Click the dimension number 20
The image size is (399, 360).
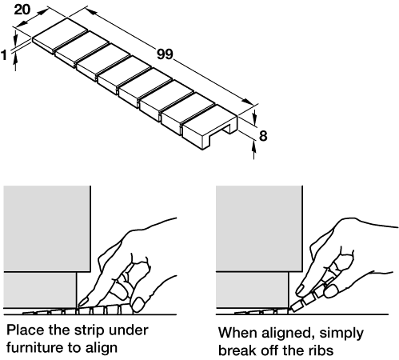coord(22,10)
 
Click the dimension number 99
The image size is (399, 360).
coord(165,54)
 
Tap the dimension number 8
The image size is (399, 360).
coord(263,136)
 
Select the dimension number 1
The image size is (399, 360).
coord(4,55)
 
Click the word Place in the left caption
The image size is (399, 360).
coord(26,330)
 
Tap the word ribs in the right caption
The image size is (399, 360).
coord(321,350)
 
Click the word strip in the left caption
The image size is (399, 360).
coord(89,330)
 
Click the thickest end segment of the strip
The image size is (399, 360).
coord(210,126)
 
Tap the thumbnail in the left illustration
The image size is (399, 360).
coord(138,305)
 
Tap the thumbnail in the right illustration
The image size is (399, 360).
coord(329,291)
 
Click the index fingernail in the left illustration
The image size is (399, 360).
coord(83,302)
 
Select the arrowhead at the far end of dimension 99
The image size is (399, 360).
coord(247,102)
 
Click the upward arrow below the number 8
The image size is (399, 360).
coord(254,150)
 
